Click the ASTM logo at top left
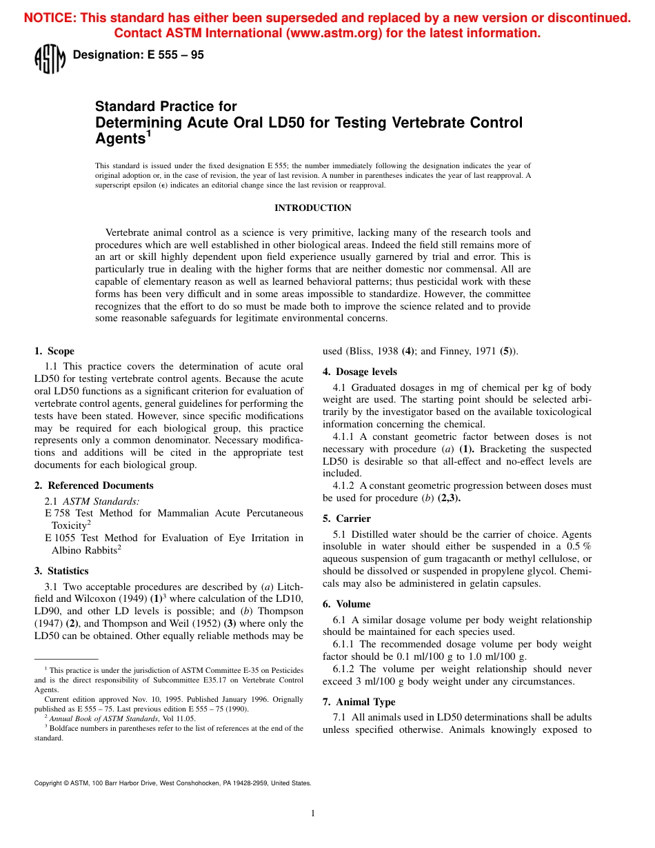(x=49, y=59)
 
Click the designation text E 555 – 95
(x=138, y=55)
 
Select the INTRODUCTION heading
(x=313, y=208)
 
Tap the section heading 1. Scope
(x=54, y=351)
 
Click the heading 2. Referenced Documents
(x=94, y=485)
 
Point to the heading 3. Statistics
(x=61, y=571)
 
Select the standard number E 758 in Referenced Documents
(x=58, y=513)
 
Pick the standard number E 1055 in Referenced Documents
(x=61, y=538)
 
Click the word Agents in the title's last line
(x=118, y=139)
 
